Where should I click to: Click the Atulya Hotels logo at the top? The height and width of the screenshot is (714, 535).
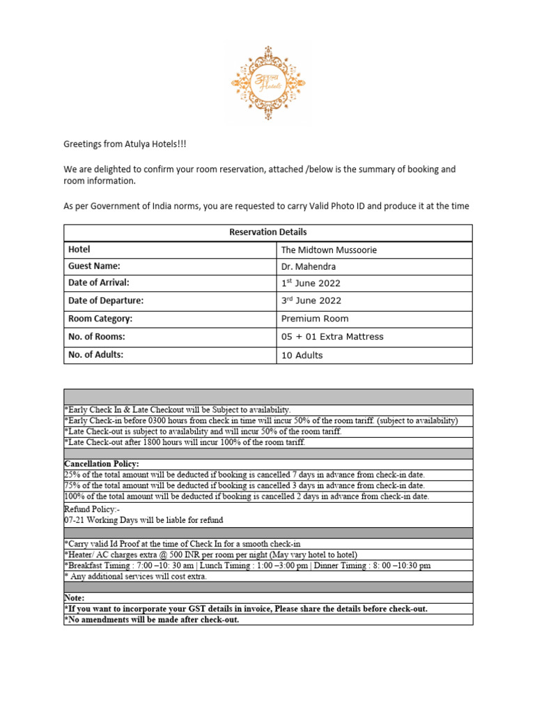tap(267, 83)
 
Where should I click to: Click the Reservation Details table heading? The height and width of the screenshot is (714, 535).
tap(267, 232)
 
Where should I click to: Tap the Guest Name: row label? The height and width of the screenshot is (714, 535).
tap(94, 266)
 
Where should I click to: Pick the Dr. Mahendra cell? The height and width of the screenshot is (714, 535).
tap(309, 266)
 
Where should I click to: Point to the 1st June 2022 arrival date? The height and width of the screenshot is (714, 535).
tap(311, 283)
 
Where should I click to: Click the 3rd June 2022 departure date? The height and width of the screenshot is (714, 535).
tap(311, 301)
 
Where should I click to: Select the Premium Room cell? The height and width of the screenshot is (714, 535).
tap(315, 318)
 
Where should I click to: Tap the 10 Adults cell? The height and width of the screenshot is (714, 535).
tap(302, 355)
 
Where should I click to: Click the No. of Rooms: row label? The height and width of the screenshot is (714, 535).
tap(97, 337)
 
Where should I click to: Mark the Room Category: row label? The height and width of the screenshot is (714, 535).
tap(100, 319)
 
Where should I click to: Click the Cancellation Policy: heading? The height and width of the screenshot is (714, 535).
tap(102, 464)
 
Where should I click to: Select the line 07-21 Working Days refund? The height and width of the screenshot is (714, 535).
tap(144, 520)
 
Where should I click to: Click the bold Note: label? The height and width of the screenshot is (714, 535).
tap(74, 598)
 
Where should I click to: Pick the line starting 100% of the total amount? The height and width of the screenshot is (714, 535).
tap(247, 496)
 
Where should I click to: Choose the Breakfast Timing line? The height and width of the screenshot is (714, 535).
tap(247, 565)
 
